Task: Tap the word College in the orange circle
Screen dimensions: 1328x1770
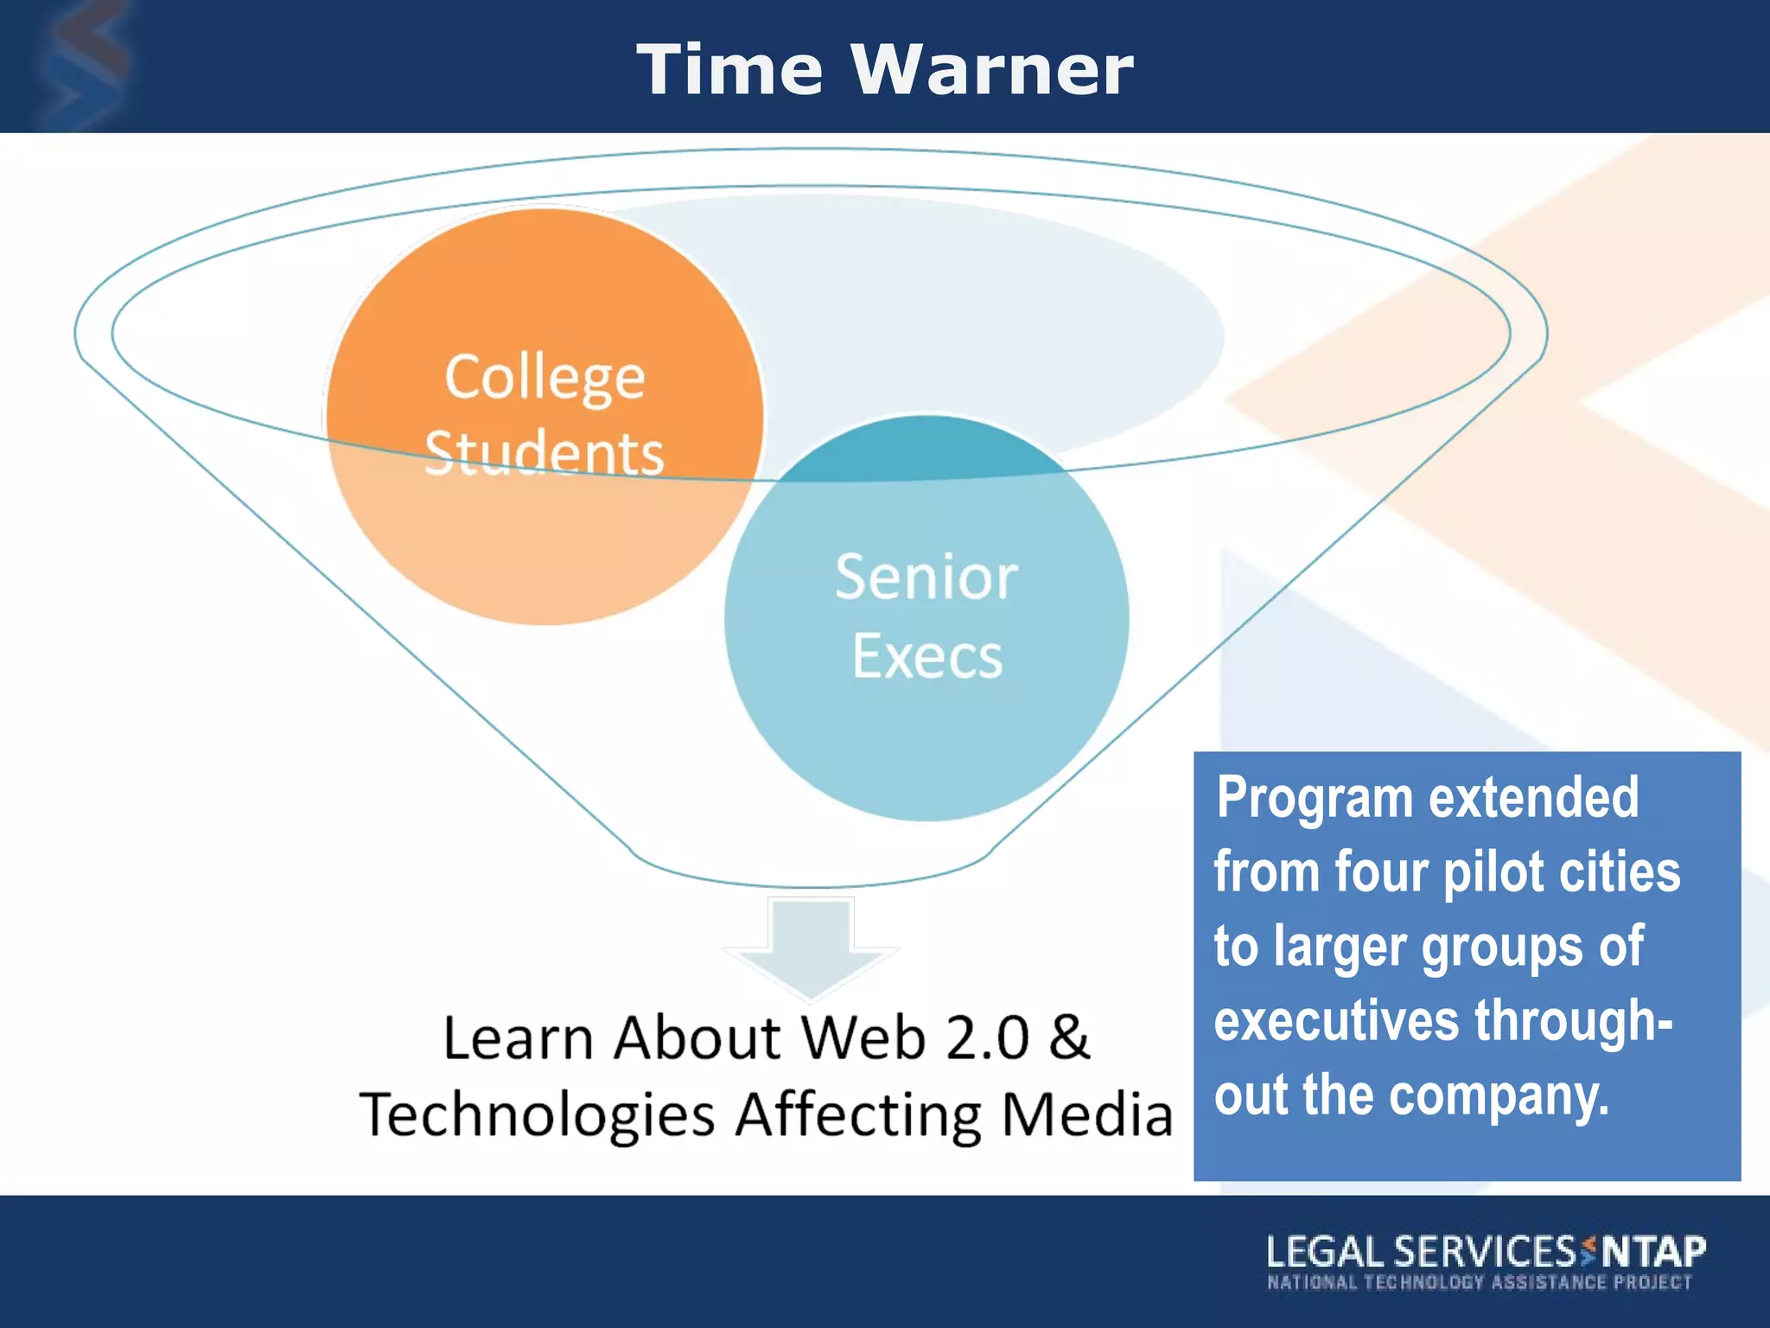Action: click(544, 378)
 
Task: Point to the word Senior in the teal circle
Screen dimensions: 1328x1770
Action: click(926, 577)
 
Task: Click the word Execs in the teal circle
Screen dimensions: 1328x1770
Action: click(927, 656)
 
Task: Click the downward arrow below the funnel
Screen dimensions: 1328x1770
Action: click(810, 947)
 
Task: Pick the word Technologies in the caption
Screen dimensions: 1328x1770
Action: click(537, 1114)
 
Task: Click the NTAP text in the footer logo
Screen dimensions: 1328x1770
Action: click(1654, 1251)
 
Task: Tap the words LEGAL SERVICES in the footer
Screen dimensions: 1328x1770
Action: click(1421, 1252)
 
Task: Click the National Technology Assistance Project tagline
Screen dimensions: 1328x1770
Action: click(1479, 1282)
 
